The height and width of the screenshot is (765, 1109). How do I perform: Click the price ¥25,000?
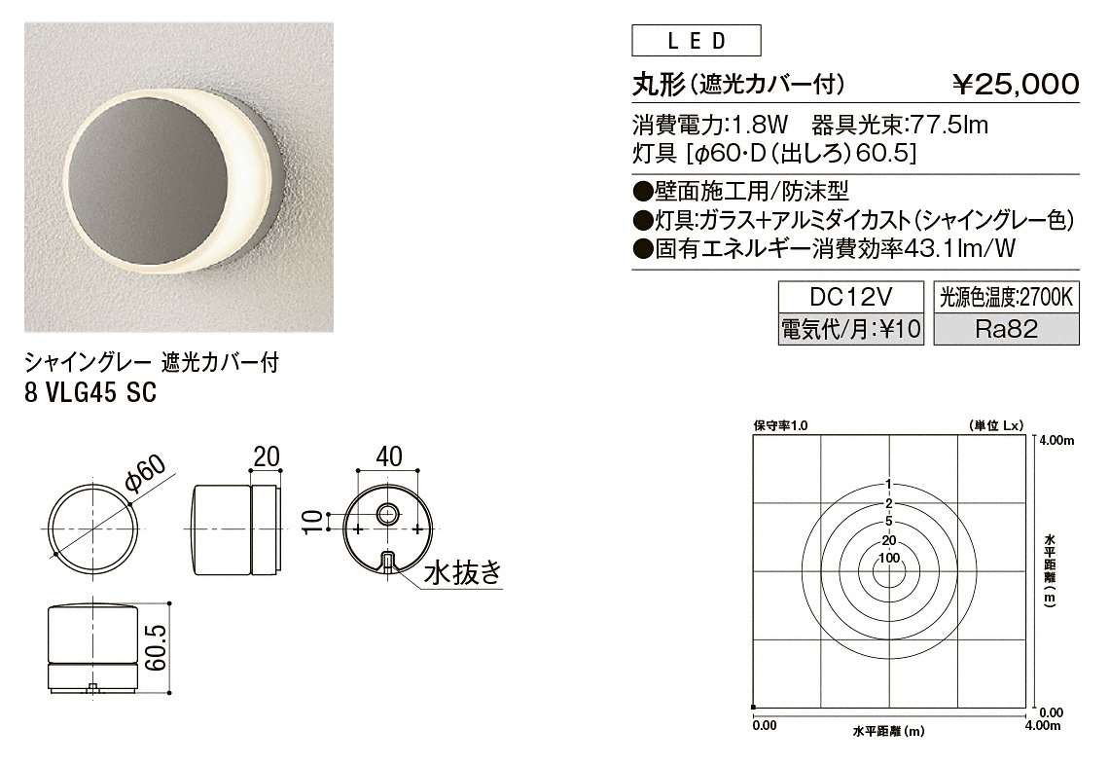(x=1016, y=85)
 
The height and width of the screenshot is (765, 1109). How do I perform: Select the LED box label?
(x=696, y=40)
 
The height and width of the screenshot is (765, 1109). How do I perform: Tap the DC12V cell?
(x=851, y=297)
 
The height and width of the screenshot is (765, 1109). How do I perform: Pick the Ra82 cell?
(x=1007, y=328)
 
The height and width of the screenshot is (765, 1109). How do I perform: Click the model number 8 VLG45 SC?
(x=90, y=393)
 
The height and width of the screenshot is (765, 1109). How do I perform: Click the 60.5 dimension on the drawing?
(x=157, y=647)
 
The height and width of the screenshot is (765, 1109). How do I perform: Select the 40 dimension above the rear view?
(x=388, y=456)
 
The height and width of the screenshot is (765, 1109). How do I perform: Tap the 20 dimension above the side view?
(x=266, y=456)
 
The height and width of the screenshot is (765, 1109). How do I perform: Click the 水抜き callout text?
(x=462, y=572)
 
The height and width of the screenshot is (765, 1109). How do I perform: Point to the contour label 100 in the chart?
(x=889, y=558)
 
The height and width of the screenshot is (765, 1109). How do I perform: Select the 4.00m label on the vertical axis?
(x=1058, y=441)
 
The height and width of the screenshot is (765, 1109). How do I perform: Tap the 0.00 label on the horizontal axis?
(x=765, y=725)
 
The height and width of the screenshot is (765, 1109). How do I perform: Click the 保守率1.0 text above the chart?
(x=780, y=426)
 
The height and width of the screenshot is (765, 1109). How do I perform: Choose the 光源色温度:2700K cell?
(x=1007, y=297)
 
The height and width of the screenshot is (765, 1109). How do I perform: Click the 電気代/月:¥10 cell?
(x=851, y=328)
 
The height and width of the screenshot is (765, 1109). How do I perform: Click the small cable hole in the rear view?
(x=387, y=513)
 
